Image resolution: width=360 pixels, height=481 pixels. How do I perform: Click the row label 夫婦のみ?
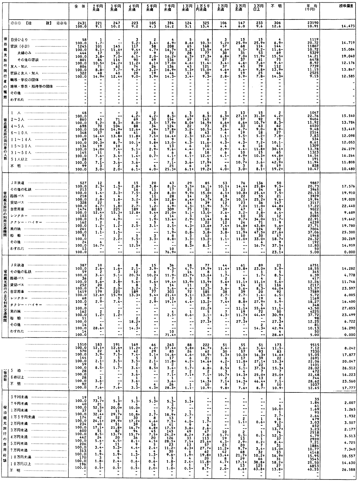point(22,53)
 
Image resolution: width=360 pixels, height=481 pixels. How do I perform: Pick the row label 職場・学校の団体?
point(22,79)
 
